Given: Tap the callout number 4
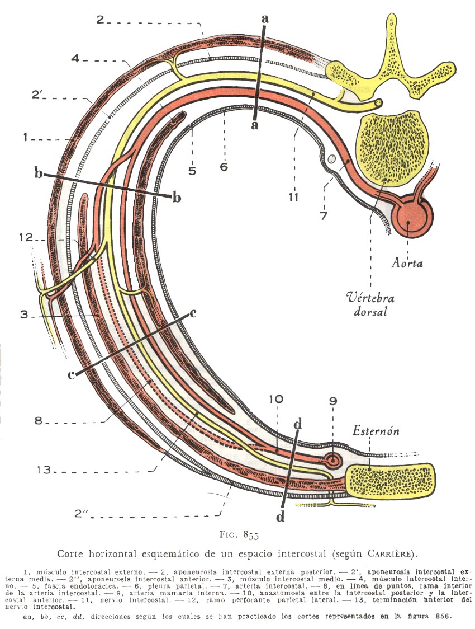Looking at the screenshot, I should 76,58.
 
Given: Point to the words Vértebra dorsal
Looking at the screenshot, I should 368,303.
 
